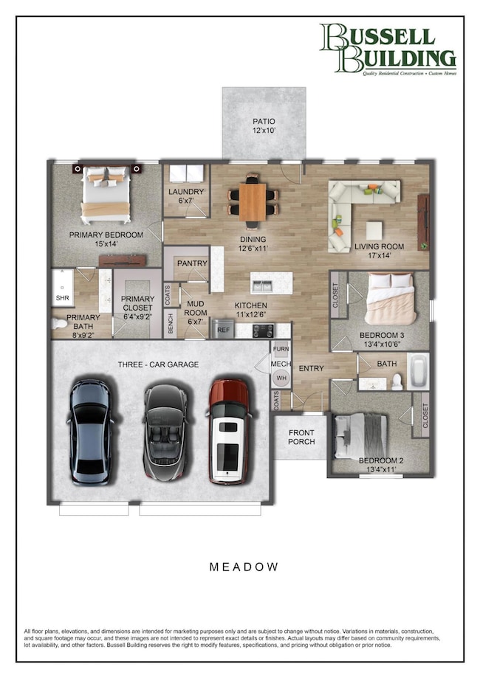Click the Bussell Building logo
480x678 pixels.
coord(387,49)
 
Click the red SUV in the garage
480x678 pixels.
coord(229,431)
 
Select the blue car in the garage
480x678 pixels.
coord(92,431)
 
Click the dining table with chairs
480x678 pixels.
coord(253,200)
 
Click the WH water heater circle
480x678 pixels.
coord(281,378)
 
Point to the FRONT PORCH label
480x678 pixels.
coord(301,437)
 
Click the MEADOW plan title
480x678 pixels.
coord(244,567)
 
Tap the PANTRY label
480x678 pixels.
coord(191,263)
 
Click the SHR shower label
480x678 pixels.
coord(62,299)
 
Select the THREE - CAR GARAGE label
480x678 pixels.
coord(158,364)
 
